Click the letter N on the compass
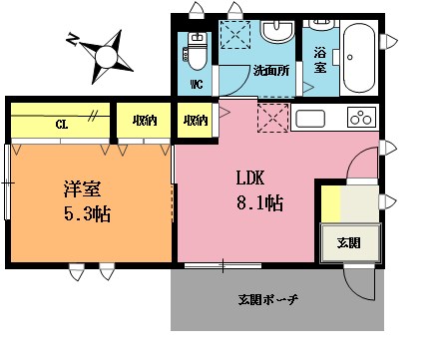pyautogui.click(x=72, y=41)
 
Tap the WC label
pyautogui.click(x=196, y=84)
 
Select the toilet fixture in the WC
pyautogui.click(x=196, y=46)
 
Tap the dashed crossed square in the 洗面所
pyautogui.click(x=235, y=34)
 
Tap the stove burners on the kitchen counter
pyautogui.click(x=360, y=119)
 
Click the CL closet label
pyautogui.click(x=61, y=125)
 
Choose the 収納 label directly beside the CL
pyautogui.click(x=144, y=122)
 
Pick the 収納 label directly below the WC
pyautogui.click(x=196, y=122)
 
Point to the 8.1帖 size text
pyautogui.click(x=258, y=203)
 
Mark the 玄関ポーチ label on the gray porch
pyautogui.click(x=268, y=299)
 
